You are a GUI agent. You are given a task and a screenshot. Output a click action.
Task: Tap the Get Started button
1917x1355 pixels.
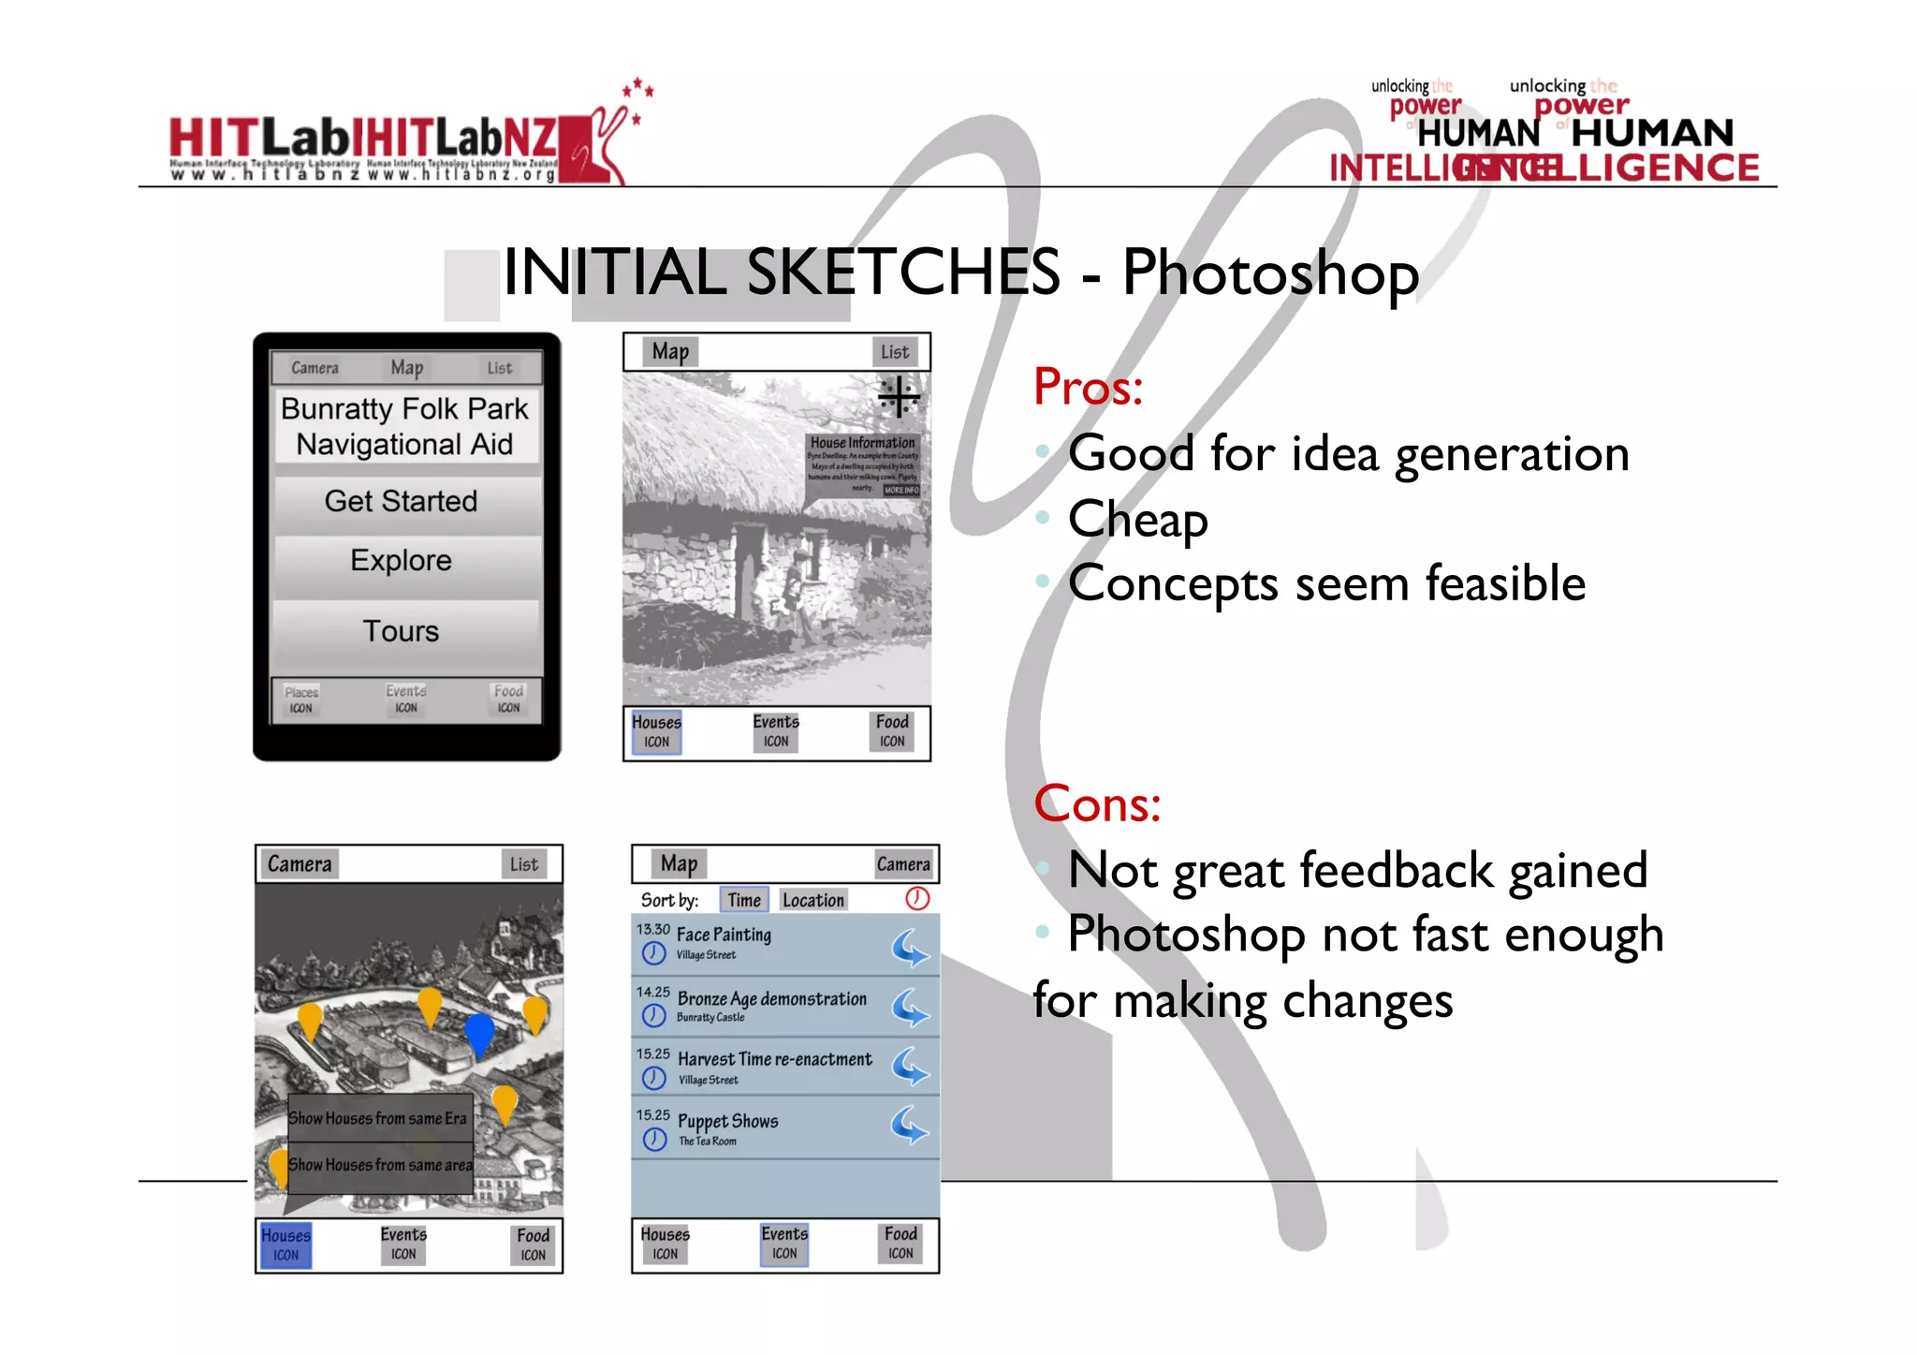click(401, 502)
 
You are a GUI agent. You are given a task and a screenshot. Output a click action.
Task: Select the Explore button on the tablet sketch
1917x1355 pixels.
click(401, 561)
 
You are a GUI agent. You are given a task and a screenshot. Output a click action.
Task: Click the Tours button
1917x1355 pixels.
click(401, 631)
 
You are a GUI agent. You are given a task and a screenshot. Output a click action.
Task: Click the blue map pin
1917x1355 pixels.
click(479, 1032)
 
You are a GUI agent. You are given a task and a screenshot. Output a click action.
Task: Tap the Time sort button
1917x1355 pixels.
click(744, 900)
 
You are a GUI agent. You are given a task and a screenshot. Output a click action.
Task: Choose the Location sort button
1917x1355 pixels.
click(812, 900)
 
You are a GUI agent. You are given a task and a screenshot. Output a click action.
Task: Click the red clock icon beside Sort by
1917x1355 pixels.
click(917, 899)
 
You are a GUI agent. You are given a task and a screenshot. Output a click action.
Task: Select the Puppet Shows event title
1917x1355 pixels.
click(727, 1121)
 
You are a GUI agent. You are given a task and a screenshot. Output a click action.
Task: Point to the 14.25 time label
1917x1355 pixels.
click(653, 992)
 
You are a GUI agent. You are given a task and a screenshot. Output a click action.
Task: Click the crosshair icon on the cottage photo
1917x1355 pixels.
click(899, 397)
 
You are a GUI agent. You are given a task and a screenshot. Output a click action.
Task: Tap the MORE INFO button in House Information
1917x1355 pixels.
click(901, 490)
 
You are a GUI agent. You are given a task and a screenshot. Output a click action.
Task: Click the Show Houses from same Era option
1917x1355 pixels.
click(378, 1118)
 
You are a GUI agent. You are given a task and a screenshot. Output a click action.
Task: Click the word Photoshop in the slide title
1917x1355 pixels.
click(1270, 273)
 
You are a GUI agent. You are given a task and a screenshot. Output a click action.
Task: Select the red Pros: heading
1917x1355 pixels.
click(1088, 387)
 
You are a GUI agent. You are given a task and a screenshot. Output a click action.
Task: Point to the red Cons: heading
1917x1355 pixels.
click(1097, 803)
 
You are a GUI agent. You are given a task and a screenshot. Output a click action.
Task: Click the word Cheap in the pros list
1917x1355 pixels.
click(1137, 519)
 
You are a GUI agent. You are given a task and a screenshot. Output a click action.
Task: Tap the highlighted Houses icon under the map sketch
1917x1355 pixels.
click(285, 1245)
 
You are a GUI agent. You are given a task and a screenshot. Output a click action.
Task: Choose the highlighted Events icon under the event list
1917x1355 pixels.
click(784, 1245)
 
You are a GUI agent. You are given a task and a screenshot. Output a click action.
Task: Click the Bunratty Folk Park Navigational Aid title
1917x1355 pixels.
click(404, 426)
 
